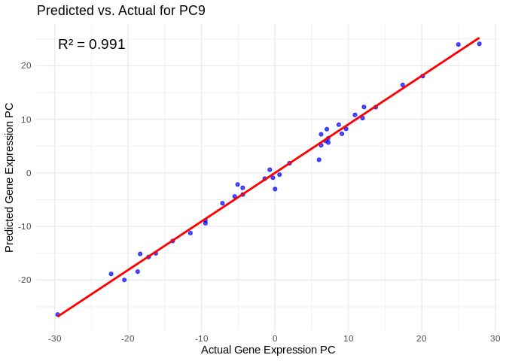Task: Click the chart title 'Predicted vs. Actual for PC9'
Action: pos(120,11)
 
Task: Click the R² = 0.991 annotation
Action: pos(91,44)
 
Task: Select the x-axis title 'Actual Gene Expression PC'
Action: pos(268,350)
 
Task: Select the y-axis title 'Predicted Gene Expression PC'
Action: pos(10,177)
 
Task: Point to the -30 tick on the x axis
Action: pos(54,338)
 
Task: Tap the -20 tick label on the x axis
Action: pos(127,338)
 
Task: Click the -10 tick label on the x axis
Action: pos(201,338)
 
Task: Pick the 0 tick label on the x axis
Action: pos(275,338)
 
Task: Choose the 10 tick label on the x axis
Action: pos(348,338)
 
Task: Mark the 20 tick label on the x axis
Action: pos(422,338)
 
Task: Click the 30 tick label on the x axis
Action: pos(495,338)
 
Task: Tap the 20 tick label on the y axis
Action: pos(26,66)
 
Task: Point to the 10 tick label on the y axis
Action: pos(26,120)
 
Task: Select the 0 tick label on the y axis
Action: pos(29,173)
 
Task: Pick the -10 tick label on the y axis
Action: pos(25,226)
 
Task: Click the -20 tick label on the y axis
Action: pos(25,280)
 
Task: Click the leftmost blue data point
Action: pos(57,314)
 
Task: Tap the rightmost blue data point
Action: pos(479,44)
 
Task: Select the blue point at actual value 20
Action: pos(422,76)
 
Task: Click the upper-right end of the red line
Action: pos(479,38)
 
